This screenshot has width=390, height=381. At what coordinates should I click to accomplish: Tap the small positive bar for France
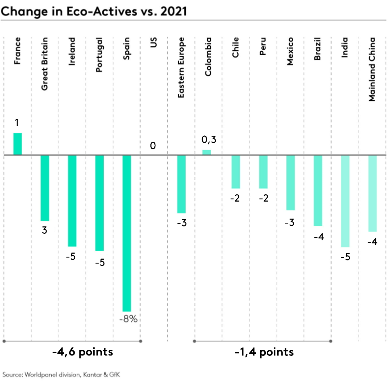[x=17, y=144]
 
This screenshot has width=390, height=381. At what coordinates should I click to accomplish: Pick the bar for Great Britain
[x=45, y=188]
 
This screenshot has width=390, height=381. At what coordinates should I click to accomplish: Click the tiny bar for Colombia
[x=207, y=152]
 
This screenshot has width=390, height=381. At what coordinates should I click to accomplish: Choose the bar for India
[x=345, y=201]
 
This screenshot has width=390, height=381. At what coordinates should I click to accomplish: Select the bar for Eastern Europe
[x=181, y=184]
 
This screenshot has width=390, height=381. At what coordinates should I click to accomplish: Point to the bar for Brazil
[x=318, y=190]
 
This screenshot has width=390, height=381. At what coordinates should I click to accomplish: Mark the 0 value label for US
[x=153, y=146]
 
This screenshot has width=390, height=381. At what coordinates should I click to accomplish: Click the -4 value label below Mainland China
[x=372, y=242]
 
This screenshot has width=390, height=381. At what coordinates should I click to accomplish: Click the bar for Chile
[x=236, y=172]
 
